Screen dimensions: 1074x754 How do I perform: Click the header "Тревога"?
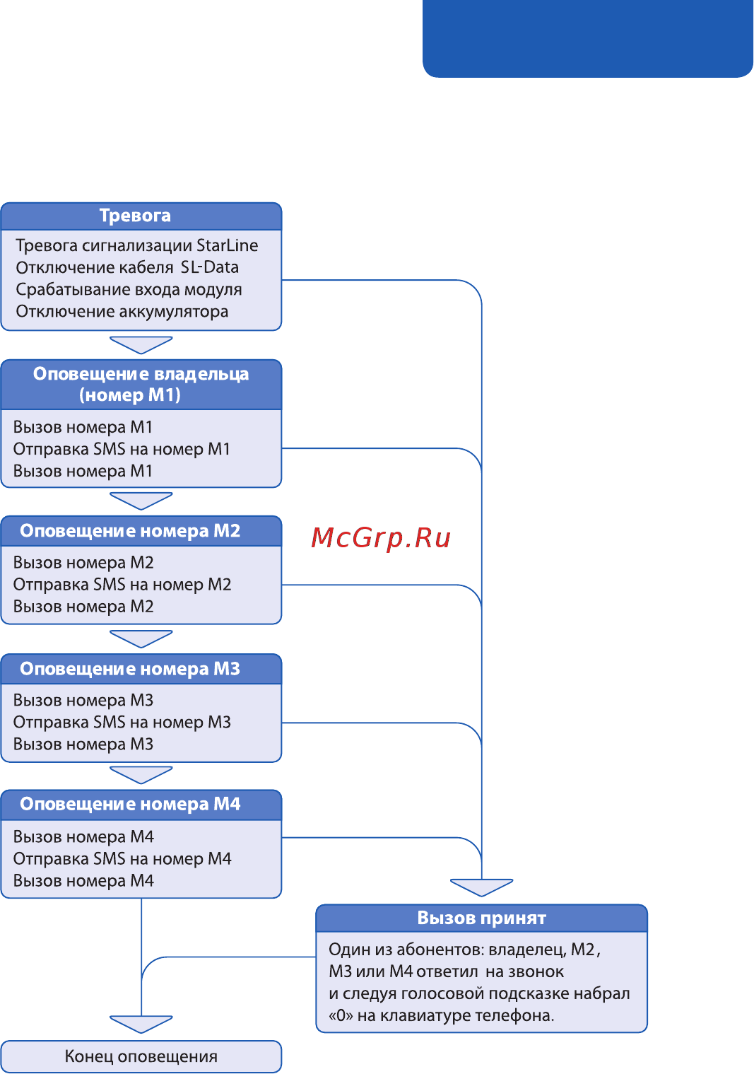135,216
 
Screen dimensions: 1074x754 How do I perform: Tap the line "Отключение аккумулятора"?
122,311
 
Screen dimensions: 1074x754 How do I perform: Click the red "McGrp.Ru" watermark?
381,538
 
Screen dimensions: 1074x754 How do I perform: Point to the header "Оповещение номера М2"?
130,531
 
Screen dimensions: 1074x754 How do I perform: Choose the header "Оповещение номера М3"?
130,669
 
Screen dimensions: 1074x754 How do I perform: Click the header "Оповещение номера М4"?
130,804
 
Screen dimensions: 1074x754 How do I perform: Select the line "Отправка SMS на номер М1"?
122,449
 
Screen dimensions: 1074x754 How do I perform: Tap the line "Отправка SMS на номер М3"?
122,722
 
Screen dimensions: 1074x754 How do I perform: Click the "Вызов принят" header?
481,918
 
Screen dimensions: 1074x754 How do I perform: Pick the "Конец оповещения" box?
141,1056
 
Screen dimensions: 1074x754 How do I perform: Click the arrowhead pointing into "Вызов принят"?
481,887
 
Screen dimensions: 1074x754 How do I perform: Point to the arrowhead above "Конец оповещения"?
141,1023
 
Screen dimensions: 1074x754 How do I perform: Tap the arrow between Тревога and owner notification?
141,344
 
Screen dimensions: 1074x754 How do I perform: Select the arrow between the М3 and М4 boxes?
141,774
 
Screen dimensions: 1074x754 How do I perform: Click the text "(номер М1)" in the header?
130,395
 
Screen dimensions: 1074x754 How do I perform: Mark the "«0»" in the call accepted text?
341,1015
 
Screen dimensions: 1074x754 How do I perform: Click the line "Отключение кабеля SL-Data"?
127,267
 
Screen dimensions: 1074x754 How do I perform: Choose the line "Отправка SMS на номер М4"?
122,858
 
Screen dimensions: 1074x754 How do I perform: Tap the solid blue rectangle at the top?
587,37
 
